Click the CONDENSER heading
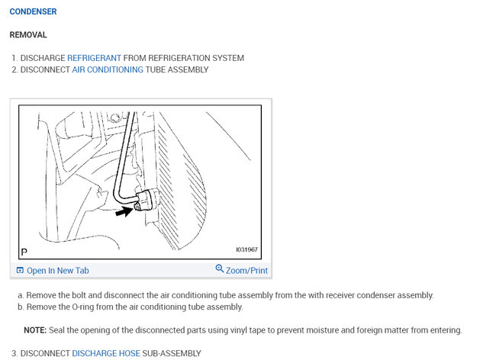pos(33,12)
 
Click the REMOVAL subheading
pos(28,35)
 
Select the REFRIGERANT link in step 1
pos(94,58)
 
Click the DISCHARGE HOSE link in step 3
pos(106,353)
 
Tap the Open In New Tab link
pos(58,271)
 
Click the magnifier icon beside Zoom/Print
pos(220,269)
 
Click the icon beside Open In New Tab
pos(20,271)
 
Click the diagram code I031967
pos(248,249)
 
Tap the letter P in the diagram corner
pos(24,250)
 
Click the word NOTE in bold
pos(35,330)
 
